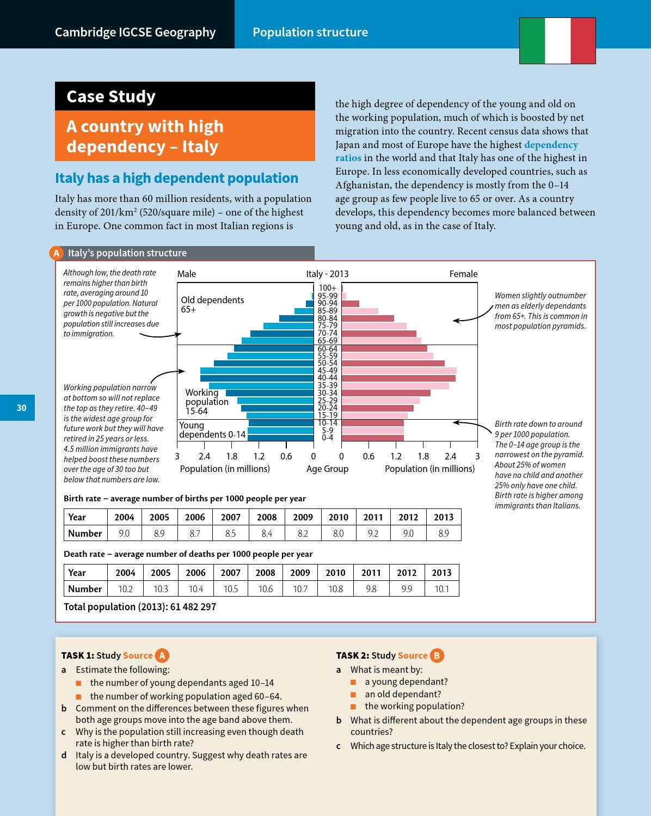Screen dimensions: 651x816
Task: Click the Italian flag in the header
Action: [557, 41]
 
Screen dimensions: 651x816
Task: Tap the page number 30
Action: [22, 408]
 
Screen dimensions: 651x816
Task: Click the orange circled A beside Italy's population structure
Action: [56, 253]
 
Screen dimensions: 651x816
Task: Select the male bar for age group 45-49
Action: [257, 371]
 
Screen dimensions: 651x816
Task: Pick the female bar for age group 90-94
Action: [350, 303]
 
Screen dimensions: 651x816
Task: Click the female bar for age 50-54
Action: [393, 363]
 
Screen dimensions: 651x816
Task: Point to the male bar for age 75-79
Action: [288, 326]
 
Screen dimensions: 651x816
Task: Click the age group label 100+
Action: [327, 288]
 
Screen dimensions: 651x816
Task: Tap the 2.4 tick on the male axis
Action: [204, 456]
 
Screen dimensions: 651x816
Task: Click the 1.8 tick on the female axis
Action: [423, 456]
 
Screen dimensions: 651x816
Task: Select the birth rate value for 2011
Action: [373, 533]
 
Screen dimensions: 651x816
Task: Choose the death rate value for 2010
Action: [335, 589]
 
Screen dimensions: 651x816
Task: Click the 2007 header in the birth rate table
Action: [231, 517]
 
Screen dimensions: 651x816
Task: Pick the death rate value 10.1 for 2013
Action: [441, 589]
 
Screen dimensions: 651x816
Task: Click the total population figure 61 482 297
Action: [193, 606]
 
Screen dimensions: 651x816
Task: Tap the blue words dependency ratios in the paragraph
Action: [457, 151]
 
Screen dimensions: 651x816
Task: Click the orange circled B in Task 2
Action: [437, 655]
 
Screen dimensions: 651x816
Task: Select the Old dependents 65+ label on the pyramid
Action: [212, 304]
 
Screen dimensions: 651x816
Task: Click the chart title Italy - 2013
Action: [327, 274]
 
